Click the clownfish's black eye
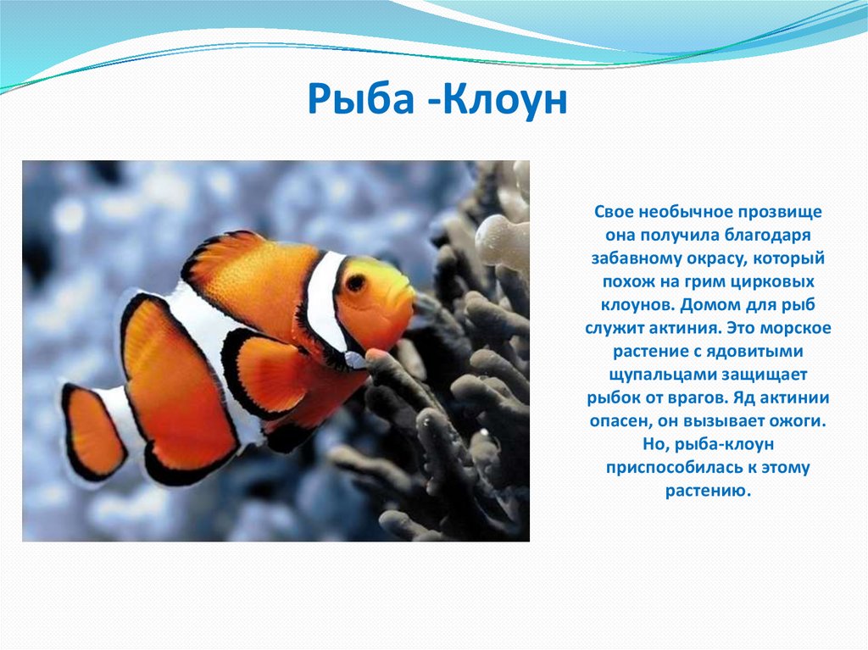click(x=355, y=283)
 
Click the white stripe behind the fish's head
click(x=326, y=302)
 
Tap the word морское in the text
click(x=795, y=328)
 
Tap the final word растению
click(x=708, y=491)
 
